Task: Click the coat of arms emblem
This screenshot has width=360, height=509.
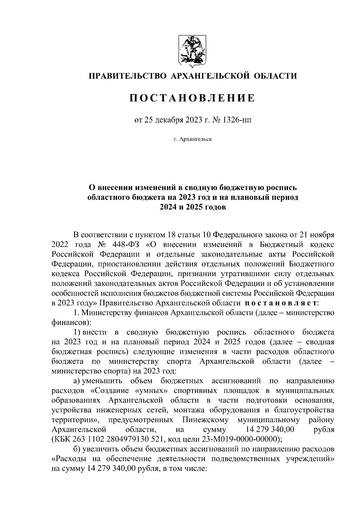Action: (192, 50)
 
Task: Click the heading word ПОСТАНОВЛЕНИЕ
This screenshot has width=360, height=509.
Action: (192, 98)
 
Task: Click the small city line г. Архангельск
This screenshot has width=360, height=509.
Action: (192, 139)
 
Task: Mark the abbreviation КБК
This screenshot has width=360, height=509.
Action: (61, 439)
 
